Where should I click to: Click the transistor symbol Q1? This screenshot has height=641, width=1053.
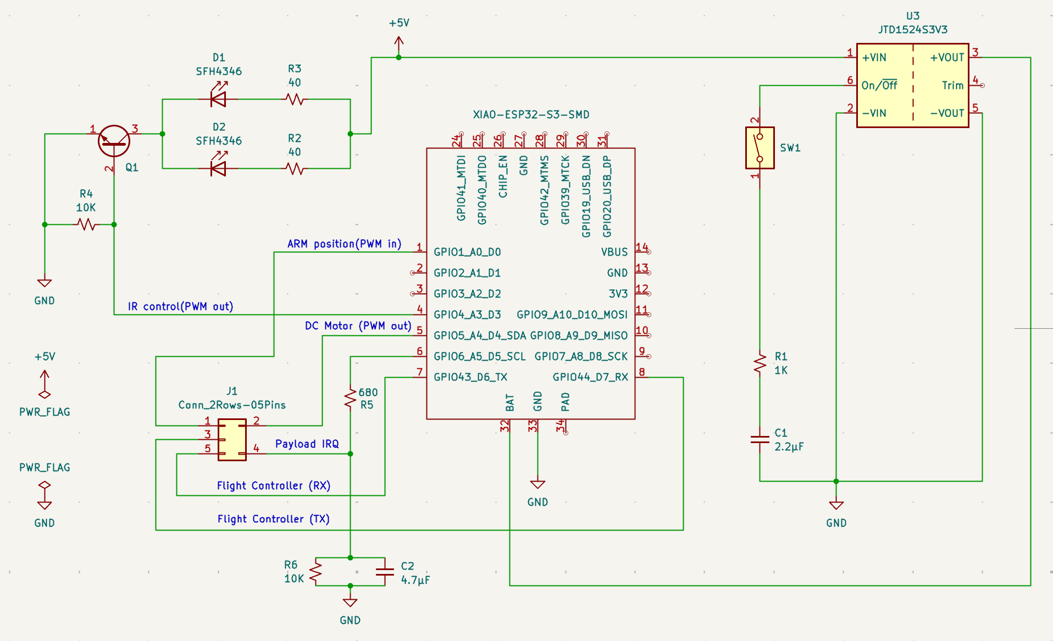[x=114, y=141]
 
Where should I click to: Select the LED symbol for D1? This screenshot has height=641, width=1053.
[x=219, y=99]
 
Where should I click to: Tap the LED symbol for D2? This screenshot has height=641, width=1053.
[x=219, y=168]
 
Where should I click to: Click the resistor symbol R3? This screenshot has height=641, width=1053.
[x=295, y=100]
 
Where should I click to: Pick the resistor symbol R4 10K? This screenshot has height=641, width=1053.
[x=86, y=224]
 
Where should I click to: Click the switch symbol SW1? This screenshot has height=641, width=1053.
[x=760, y=148]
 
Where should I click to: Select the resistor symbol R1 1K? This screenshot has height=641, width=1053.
[x=760, y=363]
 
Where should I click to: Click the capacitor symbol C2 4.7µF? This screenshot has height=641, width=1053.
[x=385, y=572]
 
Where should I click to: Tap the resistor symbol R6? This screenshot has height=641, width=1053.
[x=315, y=572]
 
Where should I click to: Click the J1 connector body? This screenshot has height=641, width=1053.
[x=232, y=440]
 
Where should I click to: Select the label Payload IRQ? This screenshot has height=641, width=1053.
[x=307, y=444]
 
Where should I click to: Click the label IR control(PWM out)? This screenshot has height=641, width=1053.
[x=180, y=306]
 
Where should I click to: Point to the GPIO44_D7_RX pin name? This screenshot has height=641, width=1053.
[x=590, y=377]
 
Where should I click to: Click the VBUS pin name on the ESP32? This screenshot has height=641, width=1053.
[x=614, y=252]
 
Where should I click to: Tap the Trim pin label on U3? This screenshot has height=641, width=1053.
[x=952, y=85]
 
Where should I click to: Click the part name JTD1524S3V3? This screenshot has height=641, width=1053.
[x=912, y=30]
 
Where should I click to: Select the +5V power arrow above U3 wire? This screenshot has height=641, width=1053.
[x=399, y=43]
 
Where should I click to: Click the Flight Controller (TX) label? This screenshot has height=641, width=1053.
[x=273, y=519]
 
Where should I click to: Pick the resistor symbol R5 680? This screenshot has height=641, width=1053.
[x=350, y=398]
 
